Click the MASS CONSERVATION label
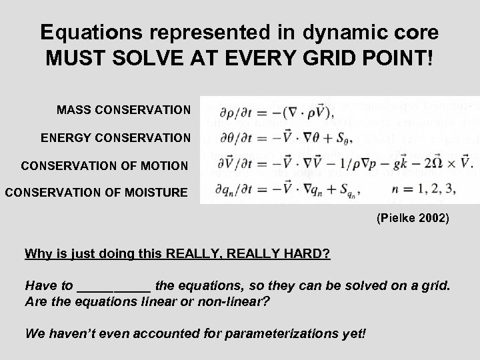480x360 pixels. pyautogui.click(x=123, y=109)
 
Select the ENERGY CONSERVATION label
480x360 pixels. pyautogui.click(x=115, y=138)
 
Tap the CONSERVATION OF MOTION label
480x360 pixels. pyautogui.click(x=105, y=165)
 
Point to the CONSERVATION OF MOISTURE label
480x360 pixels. pyautogui.click(x=97, y=193)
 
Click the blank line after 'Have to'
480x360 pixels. pyautogui.click(x=114, y=286)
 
